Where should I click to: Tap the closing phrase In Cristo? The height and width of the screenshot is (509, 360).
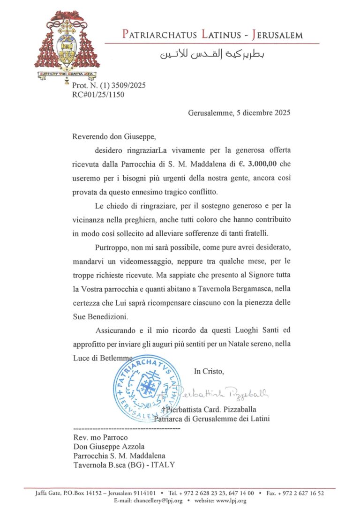pos(209,371)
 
